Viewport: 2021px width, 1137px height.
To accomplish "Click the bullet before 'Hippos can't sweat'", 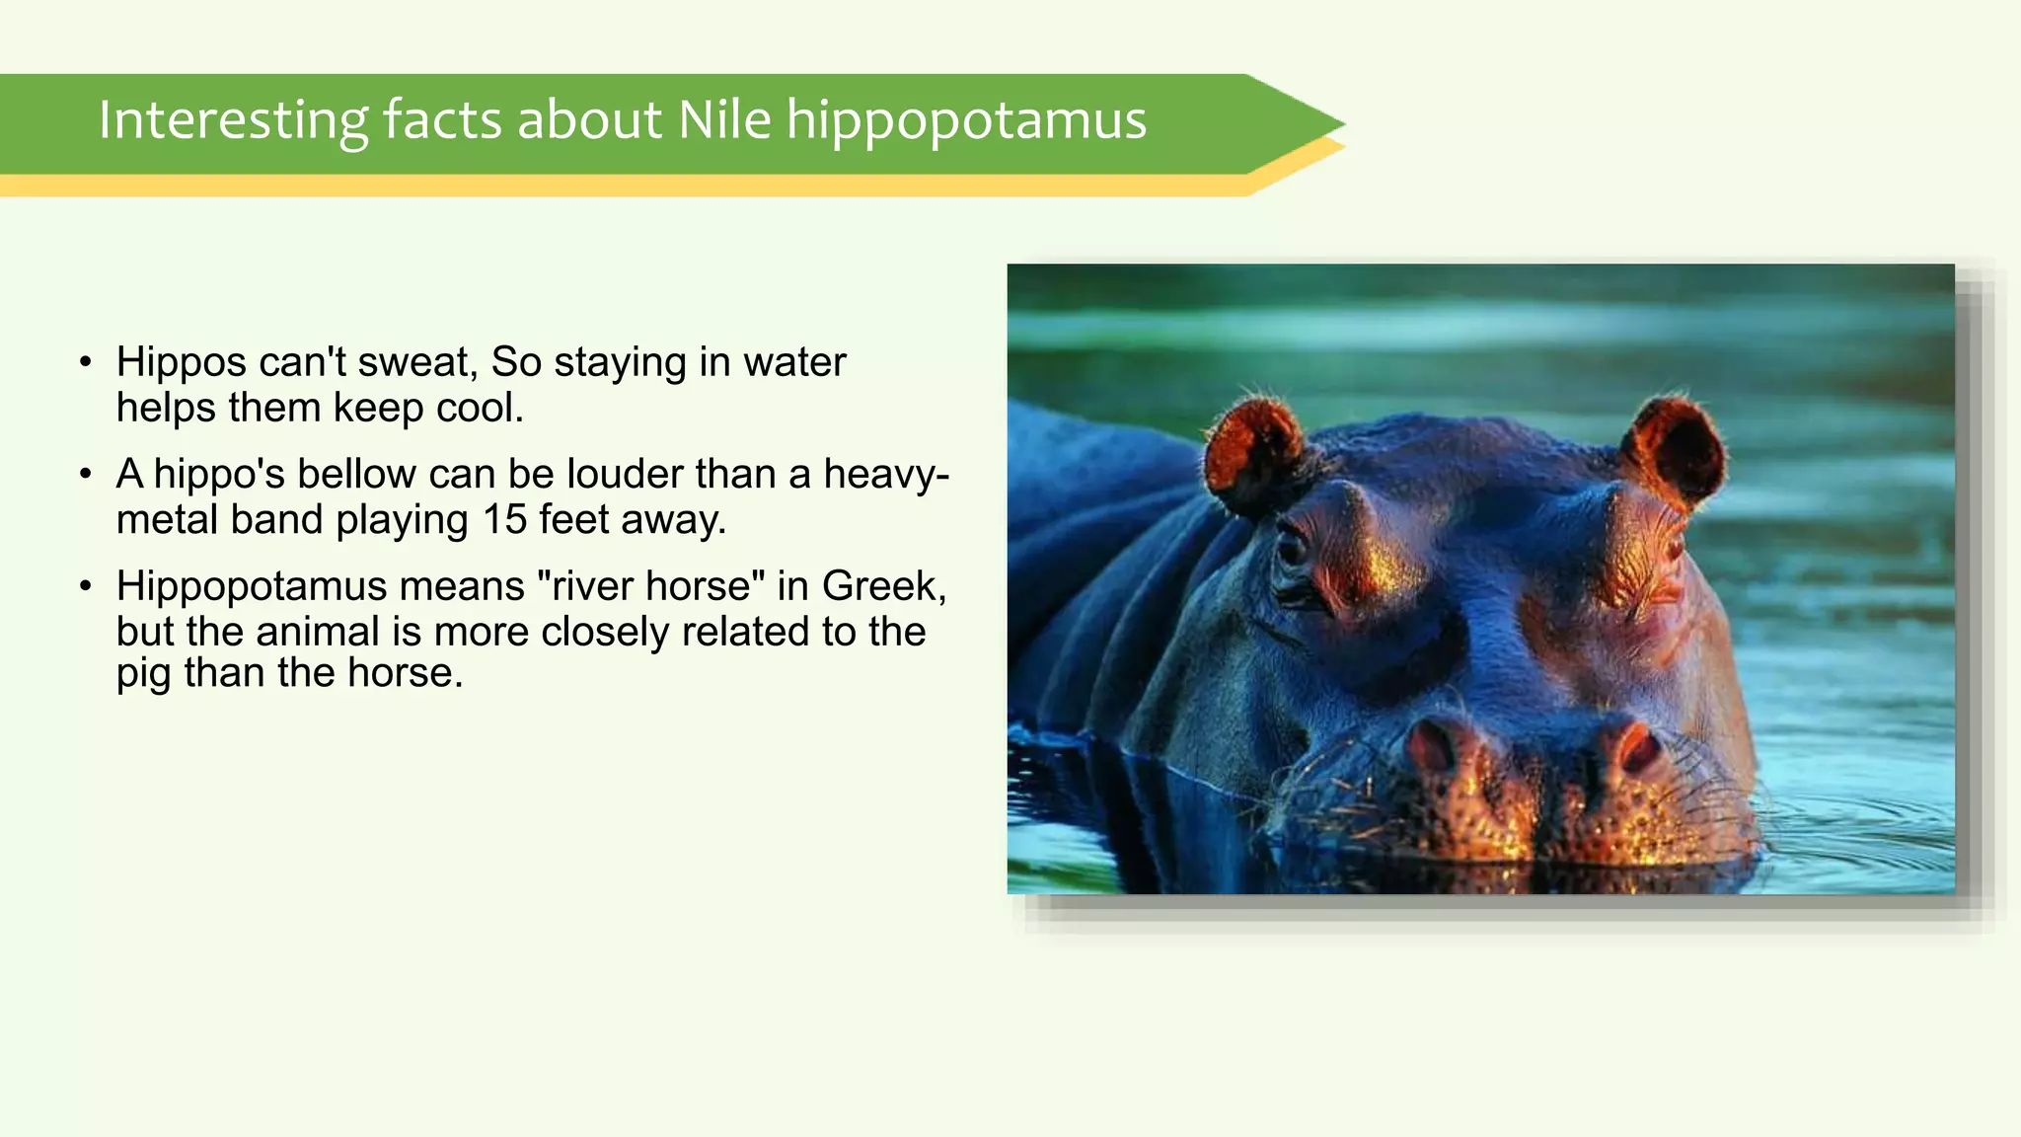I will point(87,362).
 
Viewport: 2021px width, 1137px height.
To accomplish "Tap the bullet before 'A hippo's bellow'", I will point(87,475).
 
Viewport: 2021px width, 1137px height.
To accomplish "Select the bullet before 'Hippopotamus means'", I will point(87,587).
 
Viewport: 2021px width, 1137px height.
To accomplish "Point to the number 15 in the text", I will point(504,520).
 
